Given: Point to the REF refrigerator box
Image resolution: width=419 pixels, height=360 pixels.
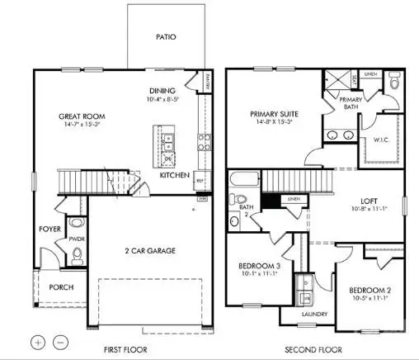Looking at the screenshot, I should [200, 175].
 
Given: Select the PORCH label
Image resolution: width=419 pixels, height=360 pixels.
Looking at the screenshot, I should [61, 287].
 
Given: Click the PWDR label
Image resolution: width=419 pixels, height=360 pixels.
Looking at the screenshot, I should [78, 239].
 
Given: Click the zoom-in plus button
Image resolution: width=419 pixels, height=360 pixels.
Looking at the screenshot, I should [38, 341].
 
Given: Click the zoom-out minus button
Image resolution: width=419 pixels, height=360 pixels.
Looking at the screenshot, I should [59, 341].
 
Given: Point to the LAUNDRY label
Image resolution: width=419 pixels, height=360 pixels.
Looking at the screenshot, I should [315, 314].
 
